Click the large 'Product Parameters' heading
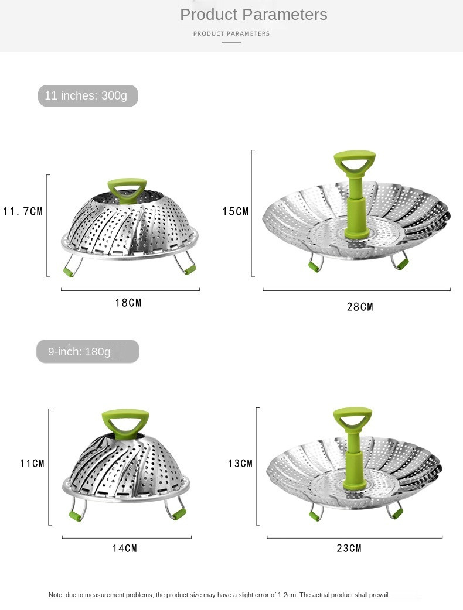[x=253, y=15]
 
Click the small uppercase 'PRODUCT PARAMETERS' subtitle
[x=231, y=34]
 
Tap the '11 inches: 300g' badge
[x=87, y=95]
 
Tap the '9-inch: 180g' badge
[x=87, y=352]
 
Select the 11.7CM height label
[x=23, y=211]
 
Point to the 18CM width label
[x=128, y=303]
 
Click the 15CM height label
[x=236, y=211]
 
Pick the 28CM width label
[x=360, y=307]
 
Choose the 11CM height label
[x=32, y=463]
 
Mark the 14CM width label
[x=125, y=548]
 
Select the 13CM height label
[x=240, y=463]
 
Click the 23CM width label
[x=349, y=548]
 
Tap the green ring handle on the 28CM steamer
[x=355, y=162]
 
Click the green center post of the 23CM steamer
[x=353, y=462]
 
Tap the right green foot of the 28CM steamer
[x=401, y=263]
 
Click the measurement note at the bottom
[x=219, y=595]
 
